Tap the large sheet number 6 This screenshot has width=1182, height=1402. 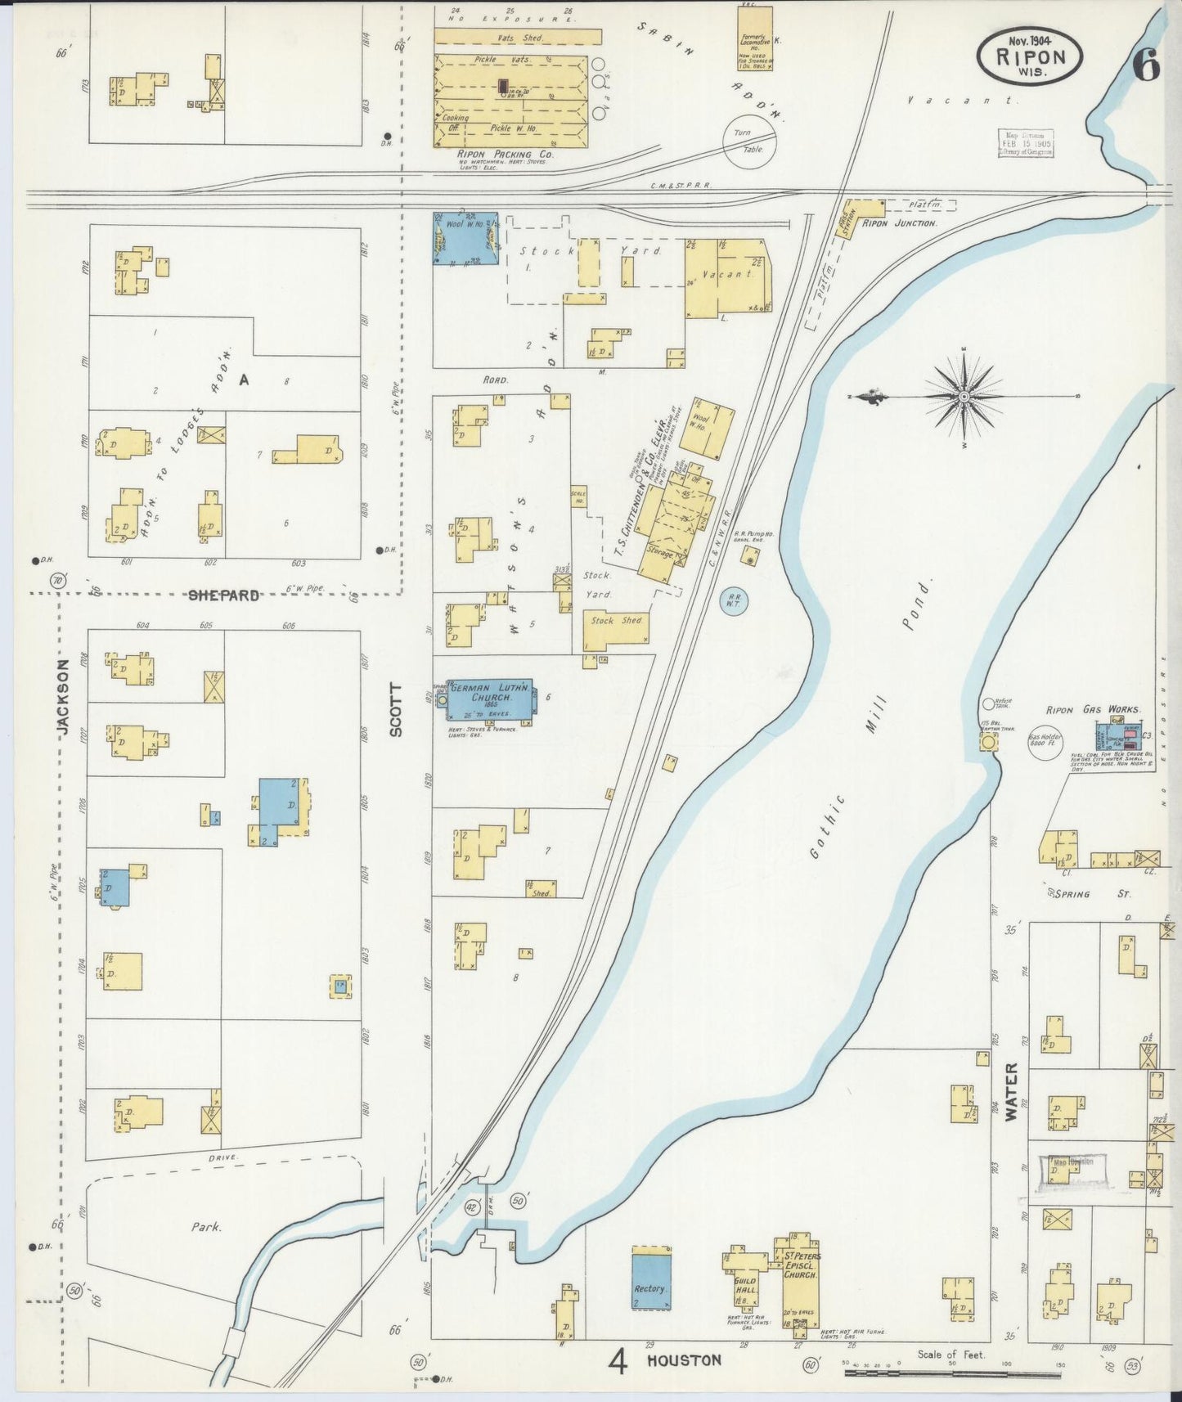tap(1146, 66)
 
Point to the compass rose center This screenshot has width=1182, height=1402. tap(965, 397)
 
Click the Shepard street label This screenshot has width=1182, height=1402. tap(224, 595)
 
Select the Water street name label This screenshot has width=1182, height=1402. tap(1012, 1091)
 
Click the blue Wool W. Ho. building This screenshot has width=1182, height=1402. tap(465, 238)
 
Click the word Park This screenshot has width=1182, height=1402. tap(208, 1227)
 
